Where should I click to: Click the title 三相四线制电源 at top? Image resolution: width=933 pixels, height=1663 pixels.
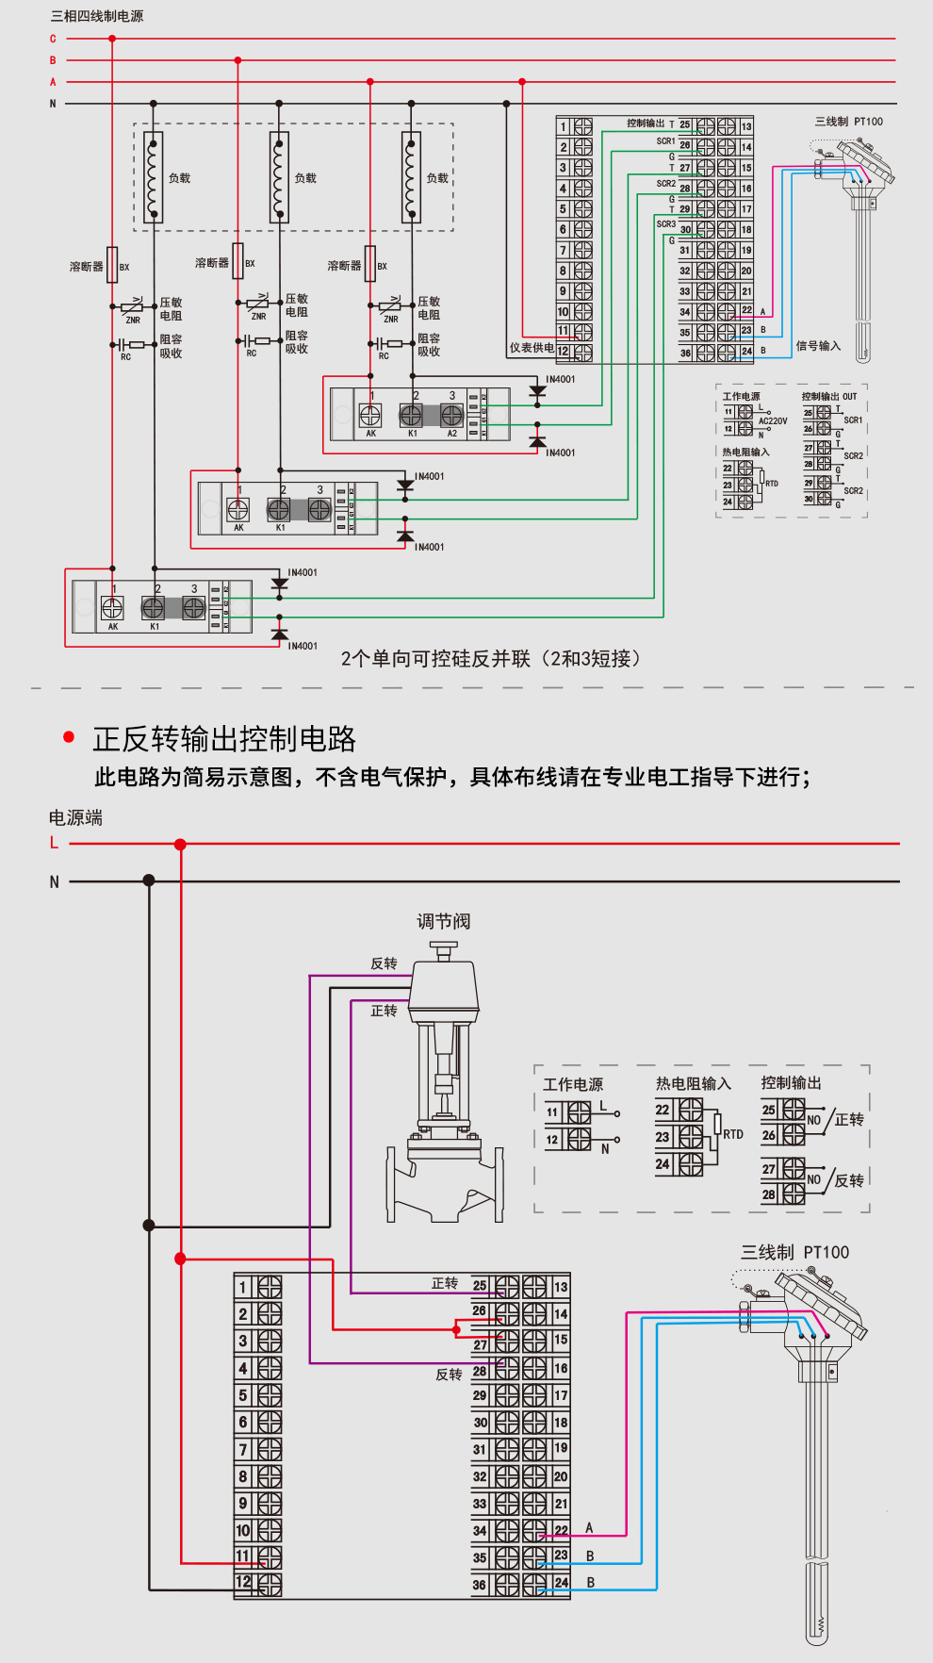coord(97,16)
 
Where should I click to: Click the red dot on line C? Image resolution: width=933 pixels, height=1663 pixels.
coord(112,39)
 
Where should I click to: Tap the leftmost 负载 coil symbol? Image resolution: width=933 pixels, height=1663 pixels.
coord(153,177)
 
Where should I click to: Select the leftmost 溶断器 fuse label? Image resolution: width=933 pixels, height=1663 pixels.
coord(86,267)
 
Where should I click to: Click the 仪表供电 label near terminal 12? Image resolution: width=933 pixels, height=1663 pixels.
coord(532,348)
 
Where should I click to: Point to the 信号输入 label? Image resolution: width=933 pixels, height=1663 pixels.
coord(817,346)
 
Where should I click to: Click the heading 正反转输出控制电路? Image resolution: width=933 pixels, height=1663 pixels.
coord(223,738)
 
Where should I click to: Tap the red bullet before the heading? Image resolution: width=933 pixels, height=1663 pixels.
coord(69,736)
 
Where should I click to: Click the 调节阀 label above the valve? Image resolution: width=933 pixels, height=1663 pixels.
coord(443,921)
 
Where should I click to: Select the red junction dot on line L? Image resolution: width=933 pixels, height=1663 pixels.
coord(180,844)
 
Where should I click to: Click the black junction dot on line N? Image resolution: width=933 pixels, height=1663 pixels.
coord(149,881)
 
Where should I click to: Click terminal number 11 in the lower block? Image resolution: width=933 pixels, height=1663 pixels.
coord(243,1556)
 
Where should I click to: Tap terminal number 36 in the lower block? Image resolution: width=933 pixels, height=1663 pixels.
coord(480,1585)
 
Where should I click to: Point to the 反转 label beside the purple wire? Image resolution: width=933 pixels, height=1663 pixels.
coord(384,963)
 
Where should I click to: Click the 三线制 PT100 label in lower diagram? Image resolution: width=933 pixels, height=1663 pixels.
coord(794,1252)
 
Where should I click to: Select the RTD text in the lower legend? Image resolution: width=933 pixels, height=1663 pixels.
coord(733,1134)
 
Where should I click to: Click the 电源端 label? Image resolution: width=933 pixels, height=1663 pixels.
coord(75,817)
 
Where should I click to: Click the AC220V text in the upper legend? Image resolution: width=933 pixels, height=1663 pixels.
coord(773,421)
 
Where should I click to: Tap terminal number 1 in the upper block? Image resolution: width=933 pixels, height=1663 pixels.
coord(563,126)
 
